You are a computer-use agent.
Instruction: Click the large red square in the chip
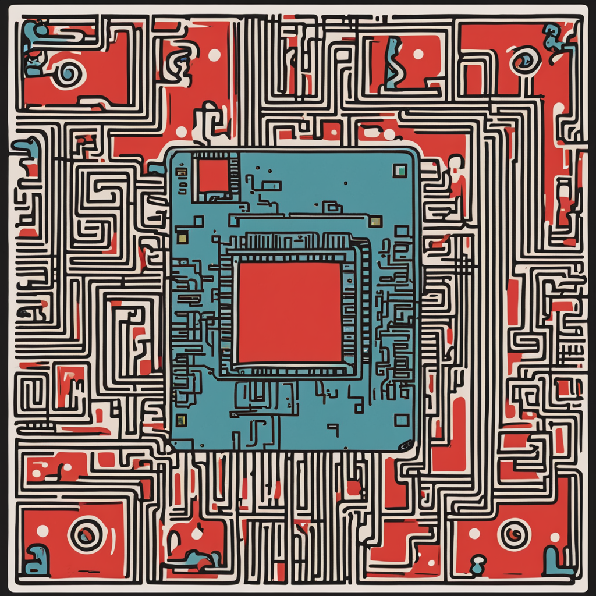click(x=290, y=312)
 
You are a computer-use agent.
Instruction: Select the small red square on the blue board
click(x=213, y=175)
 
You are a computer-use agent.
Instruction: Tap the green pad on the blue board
click(x=399, y=170)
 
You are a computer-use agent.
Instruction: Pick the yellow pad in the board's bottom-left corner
click(x=181, y=419)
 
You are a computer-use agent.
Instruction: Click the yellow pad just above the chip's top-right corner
click(x=375, y=221)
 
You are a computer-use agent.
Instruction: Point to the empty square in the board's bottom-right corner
click(x=402, y=420)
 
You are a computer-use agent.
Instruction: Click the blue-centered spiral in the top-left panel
click(x=68, y=73)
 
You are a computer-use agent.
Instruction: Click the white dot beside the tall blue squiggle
click(x=418, y=54)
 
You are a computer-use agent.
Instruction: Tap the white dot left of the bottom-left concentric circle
click(x=42, y=530)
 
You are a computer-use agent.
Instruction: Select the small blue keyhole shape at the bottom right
click(x=478, y=562)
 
